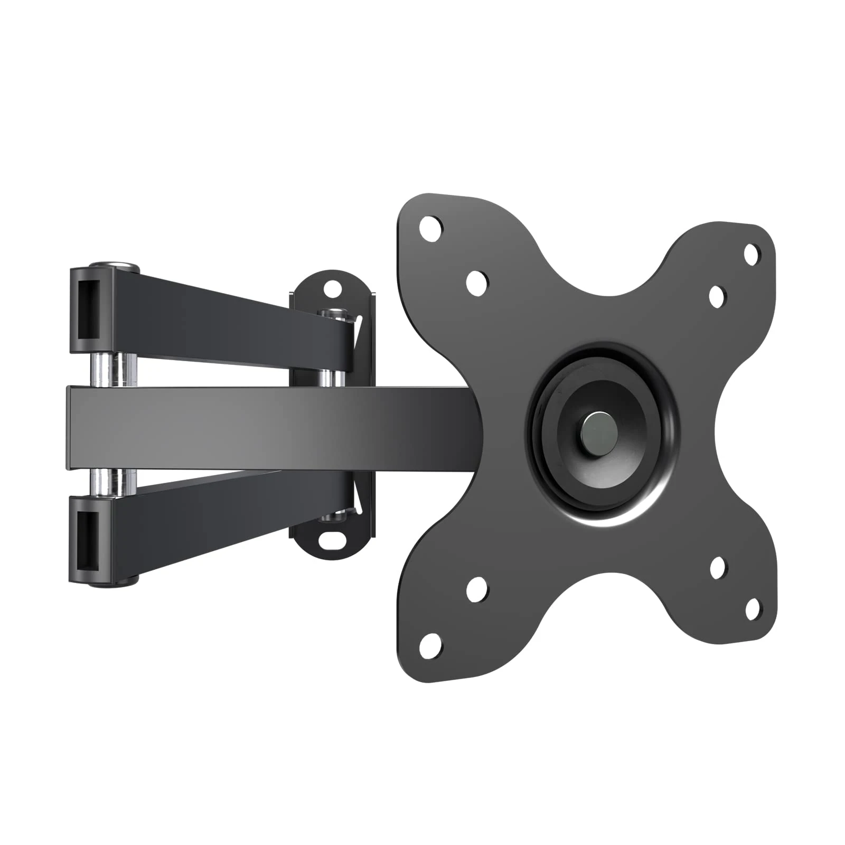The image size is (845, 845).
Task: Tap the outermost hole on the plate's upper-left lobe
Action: point(430,228)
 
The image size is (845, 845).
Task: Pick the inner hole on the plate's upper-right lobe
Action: point(717,296)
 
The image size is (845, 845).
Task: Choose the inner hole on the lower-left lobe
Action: point(476,587)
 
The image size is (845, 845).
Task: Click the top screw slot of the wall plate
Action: point(333,288)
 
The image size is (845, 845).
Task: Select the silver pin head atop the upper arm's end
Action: point(114,265)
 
